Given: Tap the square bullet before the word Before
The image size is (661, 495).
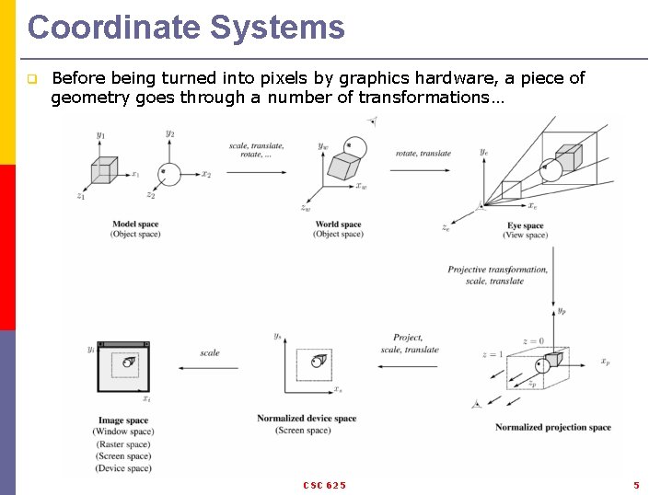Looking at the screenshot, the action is [x=31, y=79].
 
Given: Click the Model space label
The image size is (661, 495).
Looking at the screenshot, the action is [x=135, y=224].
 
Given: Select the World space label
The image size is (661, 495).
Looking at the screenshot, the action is [x=338, y=224].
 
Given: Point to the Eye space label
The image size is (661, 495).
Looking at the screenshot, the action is [x=526, y=225].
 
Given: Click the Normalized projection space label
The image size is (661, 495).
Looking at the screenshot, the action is [x=552, y=427].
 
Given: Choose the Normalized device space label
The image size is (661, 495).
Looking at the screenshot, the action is [x=306, y=419].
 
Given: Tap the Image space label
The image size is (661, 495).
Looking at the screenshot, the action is [x=122, y=420].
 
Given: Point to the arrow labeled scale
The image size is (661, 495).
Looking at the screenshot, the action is [x=208, y=369].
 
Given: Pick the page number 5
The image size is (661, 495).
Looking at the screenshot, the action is [x=636, y=485].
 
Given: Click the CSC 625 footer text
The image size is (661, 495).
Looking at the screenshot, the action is [x=324, y=485].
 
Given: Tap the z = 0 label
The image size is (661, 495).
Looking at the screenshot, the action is [x=533, y=341].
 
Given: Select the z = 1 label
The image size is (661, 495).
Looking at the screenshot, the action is [x=493, y=354].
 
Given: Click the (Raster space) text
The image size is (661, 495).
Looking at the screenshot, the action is [x=123, y=444].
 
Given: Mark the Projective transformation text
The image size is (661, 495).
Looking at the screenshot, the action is [x=497, y=270].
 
